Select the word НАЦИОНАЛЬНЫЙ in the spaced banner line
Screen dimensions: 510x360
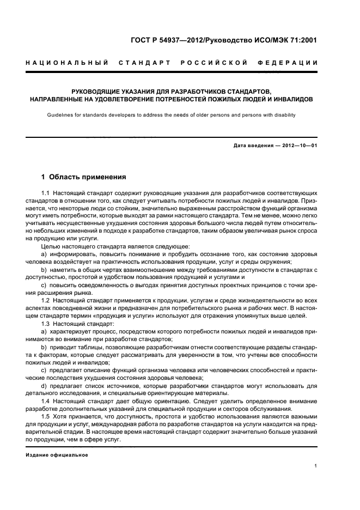click(x=66, y=63)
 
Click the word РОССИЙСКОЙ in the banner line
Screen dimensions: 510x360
click(x=218, y=63)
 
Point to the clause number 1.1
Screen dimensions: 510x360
click(x=45, y=194)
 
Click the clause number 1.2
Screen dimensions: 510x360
click(x=45, y=301)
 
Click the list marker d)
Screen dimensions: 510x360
click(x=44, y=385)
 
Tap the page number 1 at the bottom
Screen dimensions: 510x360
click(x=316, y=465)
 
